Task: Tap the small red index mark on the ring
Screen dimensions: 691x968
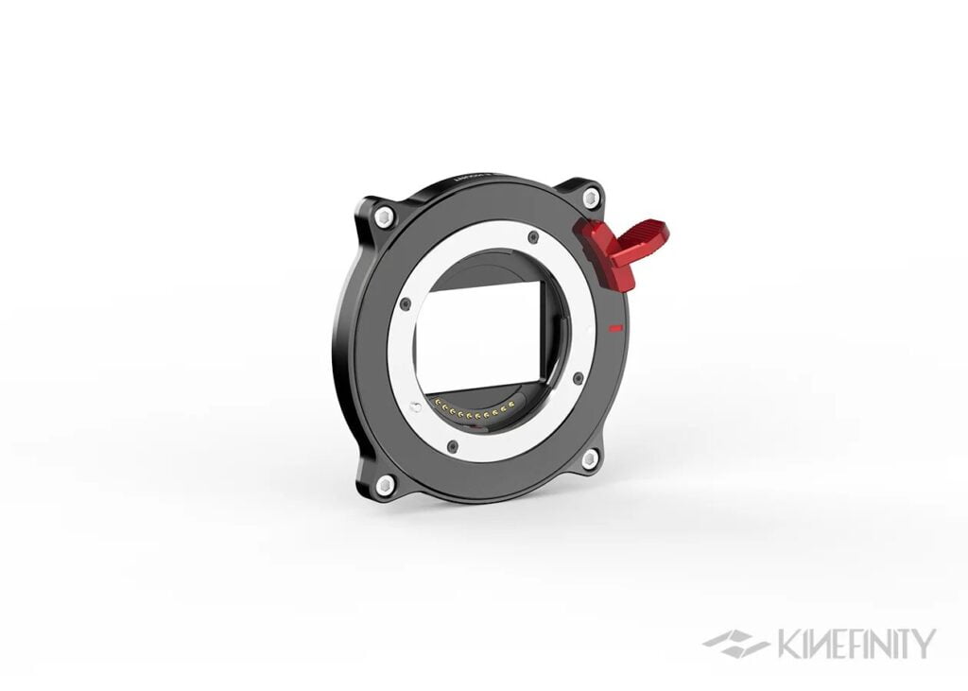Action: tap(615, 328)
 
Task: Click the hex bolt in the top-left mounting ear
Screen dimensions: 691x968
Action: tap(384, 217)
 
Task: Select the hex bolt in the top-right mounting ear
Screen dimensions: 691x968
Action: tap(591, 199)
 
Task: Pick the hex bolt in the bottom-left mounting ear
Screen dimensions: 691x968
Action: tap(385, 486)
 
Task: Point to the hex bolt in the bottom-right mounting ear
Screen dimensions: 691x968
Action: tap(590, 459)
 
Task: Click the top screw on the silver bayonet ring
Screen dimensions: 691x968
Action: tap(534, 236)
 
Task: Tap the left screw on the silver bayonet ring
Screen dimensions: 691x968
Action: tap(406, 304)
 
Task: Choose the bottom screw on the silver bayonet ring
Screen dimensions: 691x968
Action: tap(453, 445)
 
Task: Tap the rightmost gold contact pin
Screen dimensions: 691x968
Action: tap(511, 406)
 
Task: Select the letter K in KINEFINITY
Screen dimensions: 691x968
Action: tap(786, 644)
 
